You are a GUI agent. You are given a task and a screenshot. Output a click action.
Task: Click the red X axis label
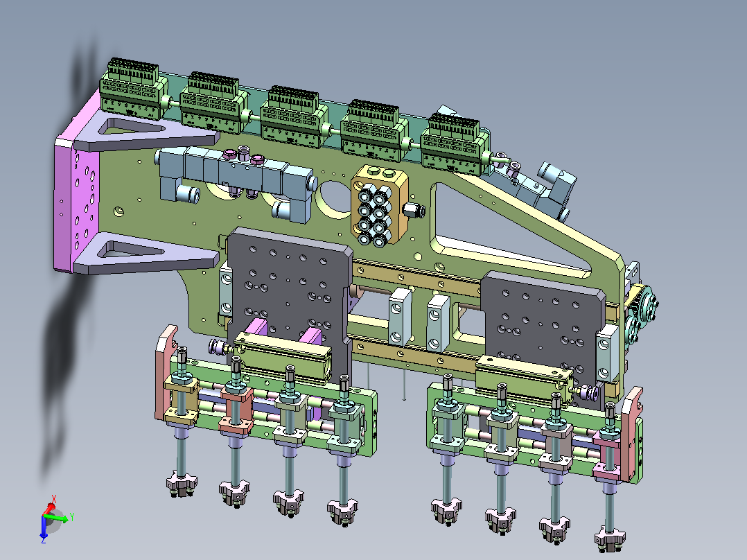[54, 499]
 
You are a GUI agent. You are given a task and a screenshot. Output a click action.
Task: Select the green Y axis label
[72, 516]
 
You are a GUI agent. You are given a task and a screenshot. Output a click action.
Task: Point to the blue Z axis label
[44, 540]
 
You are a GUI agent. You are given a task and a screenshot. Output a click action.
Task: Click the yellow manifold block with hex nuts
[380, 205]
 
